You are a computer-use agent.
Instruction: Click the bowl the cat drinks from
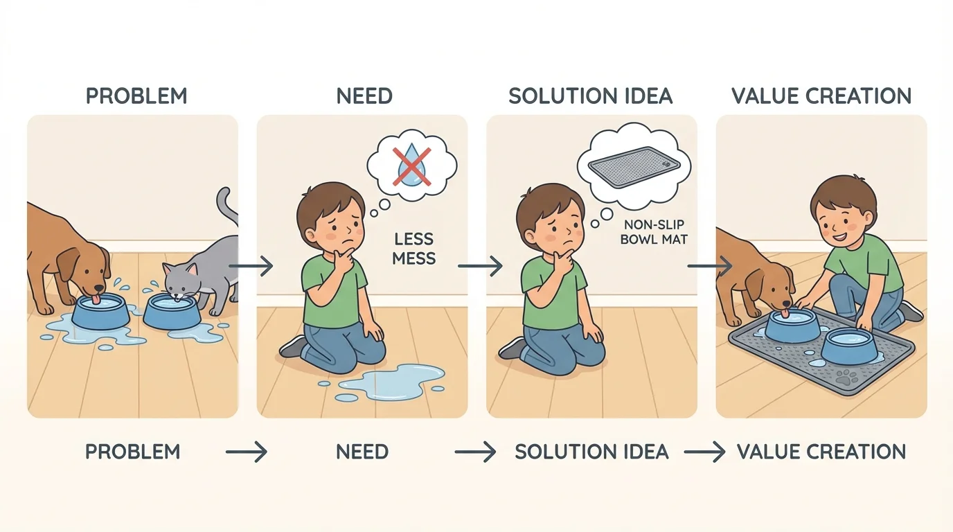point(172,312)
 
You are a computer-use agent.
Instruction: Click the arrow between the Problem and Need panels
point(251,265)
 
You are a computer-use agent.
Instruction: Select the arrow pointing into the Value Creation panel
point(710,265)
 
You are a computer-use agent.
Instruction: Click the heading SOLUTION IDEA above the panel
point(591,96)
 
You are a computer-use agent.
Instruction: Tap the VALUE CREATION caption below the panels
point(821,452)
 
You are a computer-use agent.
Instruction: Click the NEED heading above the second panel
point(364,96)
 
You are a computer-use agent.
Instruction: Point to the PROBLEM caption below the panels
point(132,452)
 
